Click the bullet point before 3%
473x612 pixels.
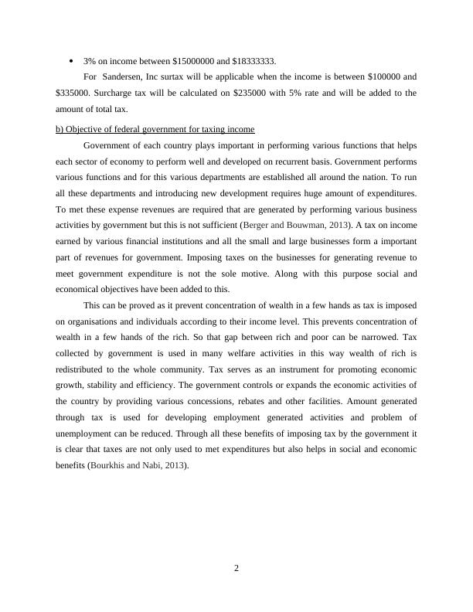[x=70, y=61]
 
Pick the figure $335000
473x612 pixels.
[x=73, y=93]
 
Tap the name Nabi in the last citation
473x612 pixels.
[x=156, y=466]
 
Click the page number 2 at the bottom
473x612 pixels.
[x=236, y=569]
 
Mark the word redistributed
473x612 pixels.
[x=82, y=369]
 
